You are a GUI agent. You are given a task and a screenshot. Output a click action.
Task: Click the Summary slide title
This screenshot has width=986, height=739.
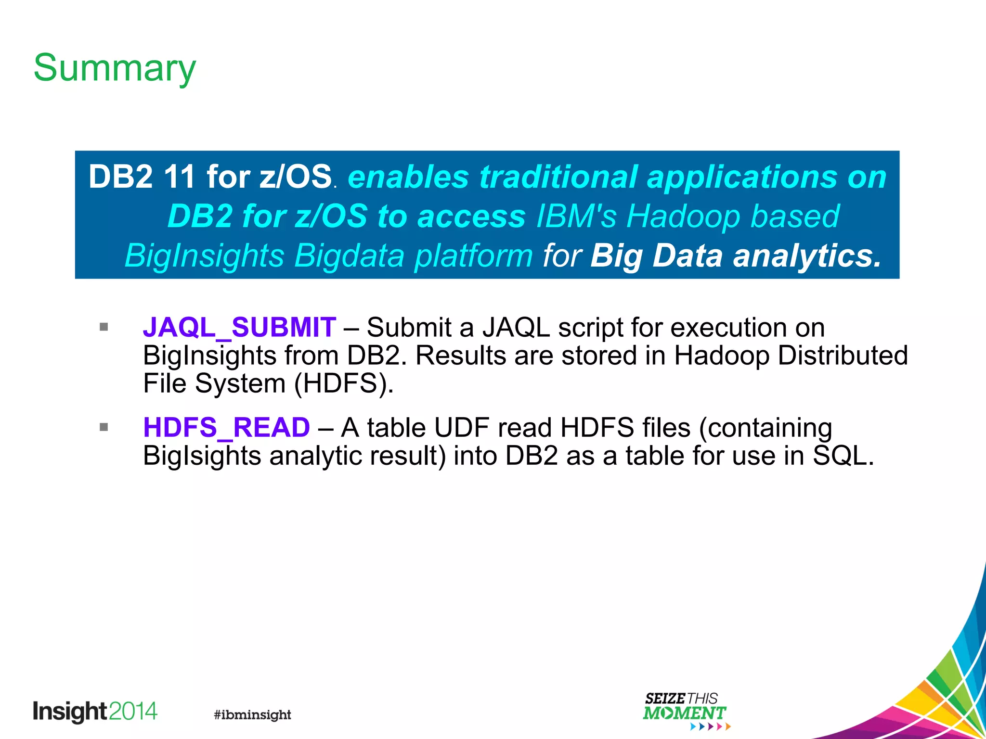(x=115, y=68)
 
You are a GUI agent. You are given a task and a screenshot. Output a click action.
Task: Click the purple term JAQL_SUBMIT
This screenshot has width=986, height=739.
(x=239, y=328)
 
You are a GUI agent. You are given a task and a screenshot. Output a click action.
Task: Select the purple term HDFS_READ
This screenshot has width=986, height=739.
(x=226, y=428)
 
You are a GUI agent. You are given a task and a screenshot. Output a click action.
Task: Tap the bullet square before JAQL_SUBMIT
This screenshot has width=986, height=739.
(x=104, y=327)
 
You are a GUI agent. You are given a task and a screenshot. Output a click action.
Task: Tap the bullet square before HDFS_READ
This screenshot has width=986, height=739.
(x=104, y=427)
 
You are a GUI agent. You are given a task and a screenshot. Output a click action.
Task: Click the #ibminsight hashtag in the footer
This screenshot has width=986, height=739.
(x=252, y=714)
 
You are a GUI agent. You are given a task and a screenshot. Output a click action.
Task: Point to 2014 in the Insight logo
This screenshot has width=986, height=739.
(x=133, y=711)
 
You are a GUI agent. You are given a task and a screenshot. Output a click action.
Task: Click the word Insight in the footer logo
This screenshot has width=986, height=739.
(x=69, y=712)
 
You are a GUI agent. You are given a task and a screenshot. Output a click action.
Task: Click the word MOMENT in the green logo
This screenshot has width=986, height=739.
(x=684, y=713)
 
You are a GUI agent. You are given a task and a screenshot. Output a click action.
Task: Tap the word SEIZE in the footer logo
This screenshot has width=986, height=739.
(x=665, y=699)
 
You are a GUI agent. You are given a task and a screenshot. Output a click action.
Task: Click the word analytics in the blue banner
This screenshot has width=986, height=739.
(x=807, y=255)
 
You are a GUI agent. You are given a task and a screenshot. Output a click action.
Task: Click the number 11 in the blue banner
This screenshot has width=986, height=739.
(x=179, y=177)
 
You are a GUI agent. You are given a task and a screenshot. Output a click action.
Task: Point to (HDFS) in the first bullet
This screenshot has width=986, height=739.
(x=344, y=384)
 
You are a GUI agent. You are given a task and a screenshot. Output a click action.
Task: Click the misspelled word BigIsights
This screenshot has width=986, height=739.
(x=202, y=456)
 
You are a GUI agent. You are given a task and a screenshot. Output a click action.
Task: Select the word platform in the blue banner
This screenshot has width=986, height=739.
(x=473, y=255)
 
